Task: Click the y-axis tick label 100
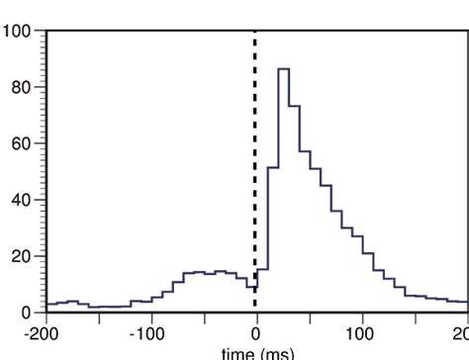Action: point(17,31)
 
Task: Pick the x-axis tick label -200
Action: point(45,333)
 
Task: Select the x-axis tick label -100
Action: point(150,333)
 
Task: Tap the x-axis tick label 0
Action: point(256,333)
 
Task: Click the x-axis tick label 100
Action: point(361,333)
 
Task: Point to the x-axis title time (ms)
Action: point(257,353)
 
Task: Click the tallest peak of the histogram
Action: point(283,69)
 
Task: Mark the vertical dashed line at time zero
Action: point(255,148)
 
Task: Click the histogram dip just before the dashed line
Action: point(251,288)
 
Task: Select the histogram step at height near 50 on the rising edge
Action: point(272,168)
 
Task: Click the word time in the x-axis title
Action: point(237,353)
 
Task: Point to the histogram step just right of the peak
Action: point(294,106)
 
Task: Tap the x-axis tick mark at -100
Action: point(150,317)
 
